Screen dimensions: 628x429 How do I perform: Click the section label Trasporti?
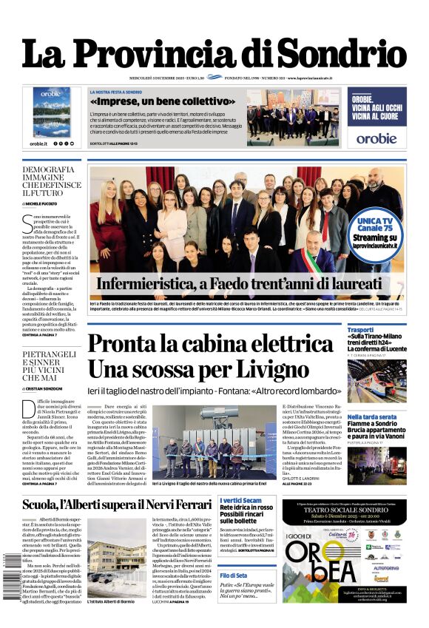(x=361, y=329)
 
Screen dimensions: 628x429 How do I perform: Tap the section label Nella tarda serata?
(x=373, y=417)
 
